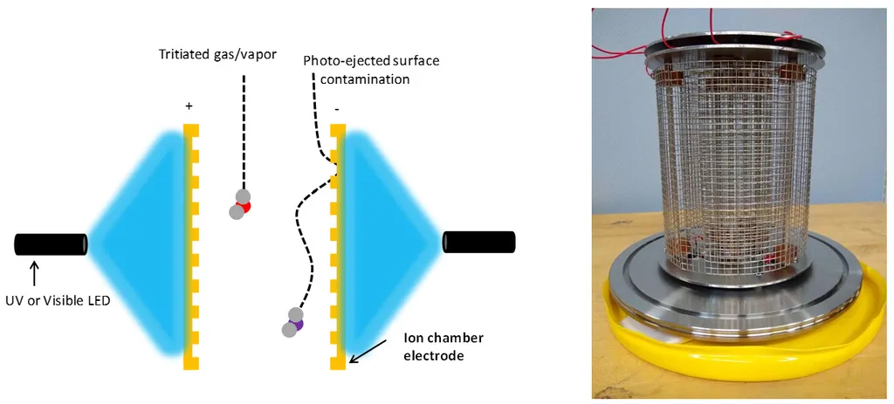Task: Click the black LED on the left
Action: click(51, 244)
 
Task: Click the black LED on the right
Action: click(478, 242)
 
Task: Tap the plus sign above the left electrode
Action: click(189, 106)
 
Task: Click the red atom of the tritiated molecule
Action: click(244, 206)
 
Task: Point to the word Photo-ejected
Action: click(339, 61)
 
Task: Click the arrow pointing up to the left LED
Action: click(34, 271)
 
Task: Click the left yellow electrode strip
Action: click(189, 244)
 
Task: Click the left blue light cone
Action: click(140, 240)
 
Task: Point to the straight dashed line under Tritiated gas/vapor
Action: click(244, 131)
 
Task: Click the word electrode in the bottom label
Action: click(430, 356)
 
